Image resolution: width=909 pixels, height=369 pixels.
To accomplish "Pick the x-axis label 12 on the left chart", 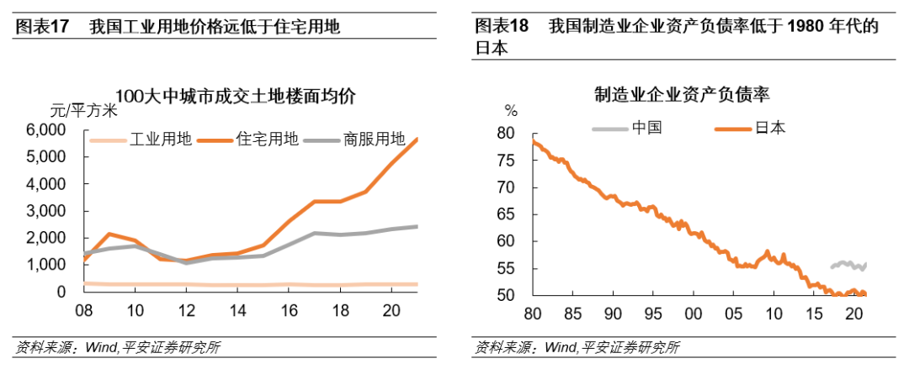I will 187,309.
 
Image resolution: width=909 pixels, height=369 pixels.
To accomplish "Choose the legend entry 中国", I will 646,128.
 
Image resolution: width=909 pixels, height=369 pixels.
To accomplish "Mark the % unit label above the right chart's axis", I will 510,109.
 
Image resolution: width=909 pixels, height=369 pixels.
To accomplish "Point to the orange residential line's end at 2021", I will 417,139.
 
